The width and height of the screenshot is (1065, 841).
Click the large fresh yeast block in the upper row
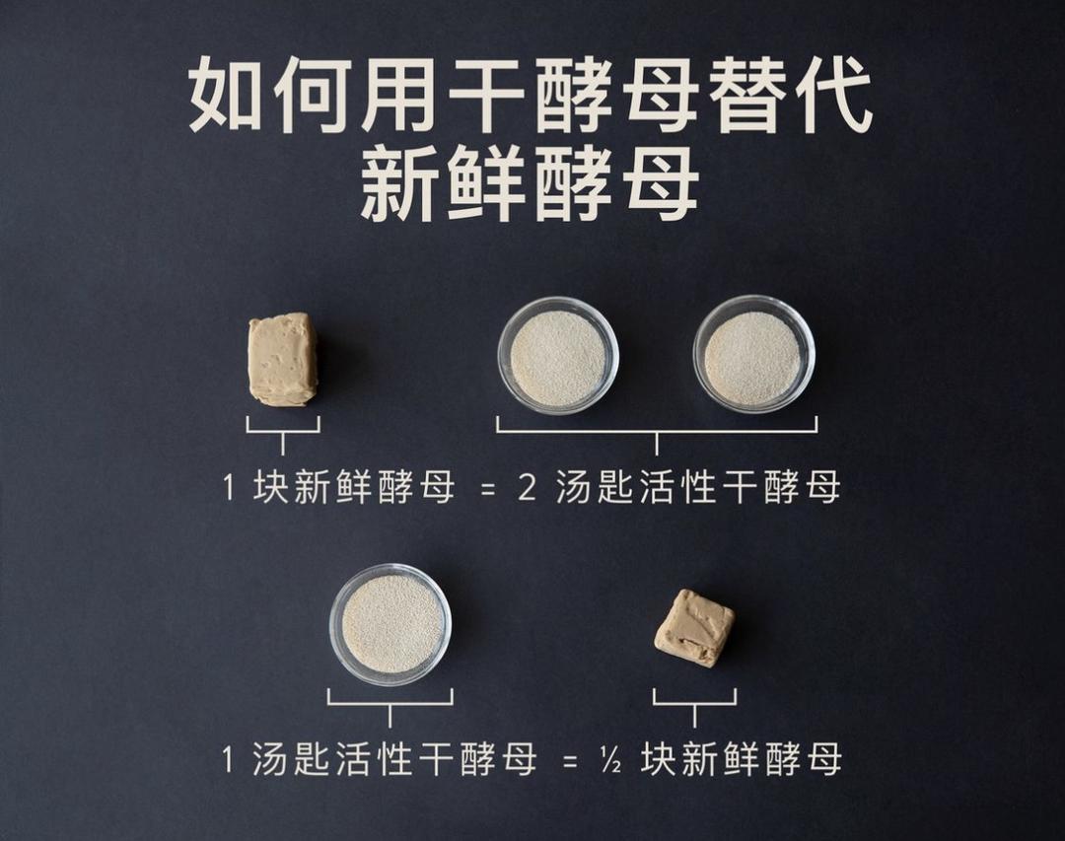tap(283, 360)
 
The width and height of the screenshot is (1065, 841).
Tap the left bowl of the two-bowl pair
tap(558, 356)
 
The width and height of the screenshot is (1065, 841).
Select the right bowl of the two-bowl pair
tap(753, 355)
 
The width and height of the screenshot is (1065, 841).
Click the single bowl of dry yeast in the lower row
tap(390, 624)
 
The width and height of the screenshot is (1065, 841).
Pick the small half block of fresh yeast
tap(694, 628)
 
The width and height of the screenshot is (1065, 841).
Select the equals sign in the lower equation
tap(569, 761)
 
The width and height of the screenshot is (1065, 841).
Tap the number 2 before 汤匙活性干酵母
tap(528, 488)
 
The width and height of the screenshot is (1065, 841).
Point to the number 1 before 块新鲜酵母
tap(229, 488)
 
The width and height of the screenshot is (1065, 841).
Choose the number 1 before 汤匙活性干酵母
tap(228, 760)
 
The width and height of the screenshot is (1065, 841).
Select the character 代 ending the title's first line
tap(833, 97)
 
